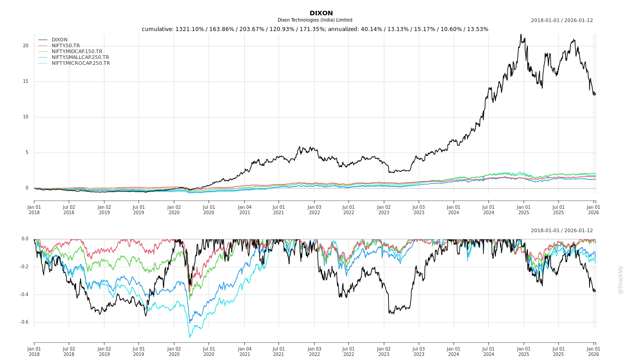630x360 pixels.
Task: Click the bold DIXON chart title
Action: (x=321, y=13)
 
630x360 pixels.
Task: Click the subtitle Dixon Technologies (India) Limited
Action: (x=315, y=20)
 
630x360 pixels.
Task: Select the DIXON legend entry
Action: (x=59, y=40)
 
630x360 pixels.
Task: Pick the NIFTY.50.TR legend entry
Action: (x=66, y=46)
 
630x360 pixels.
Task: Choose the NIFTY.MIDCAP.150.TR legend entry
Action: (x=76, y=52)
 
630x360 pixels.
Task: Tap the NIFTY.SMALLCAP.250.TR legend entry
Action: (x=80, y=58)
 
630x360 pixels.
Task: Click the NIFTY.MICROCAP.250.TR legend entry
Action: (x=81, y=63)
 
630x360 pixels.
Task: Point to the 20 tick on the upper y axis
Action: (x=26, y=46)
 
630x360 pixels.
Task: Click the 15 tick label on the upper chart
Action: (x=26, y=81)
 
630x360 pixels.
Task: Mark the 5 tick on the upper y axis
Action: (x=27, y=153)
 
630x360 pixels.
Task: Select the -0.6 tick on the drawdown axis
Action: (x=24, y=322)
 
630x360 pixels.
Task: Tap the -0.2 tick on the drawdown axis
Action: (x=24, y=267)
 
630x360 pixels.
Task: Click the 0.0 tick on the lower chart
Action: (x=25, y=239)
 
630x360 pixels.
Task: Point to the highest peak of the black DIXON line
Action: (x=521, y=35)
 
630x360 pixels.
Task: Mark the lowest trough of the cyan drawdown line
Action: (x=189, y=337)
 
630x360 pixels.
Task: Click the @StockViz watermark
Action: (x=621, y=279)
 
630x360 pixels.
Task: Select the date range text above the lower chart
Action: (x=562, y=231)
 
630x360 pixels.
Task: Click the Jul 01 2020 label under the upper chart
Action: (x=209, y=210)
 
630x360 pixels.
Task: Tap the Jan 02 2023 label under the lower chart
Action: (x=384, y=351)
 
